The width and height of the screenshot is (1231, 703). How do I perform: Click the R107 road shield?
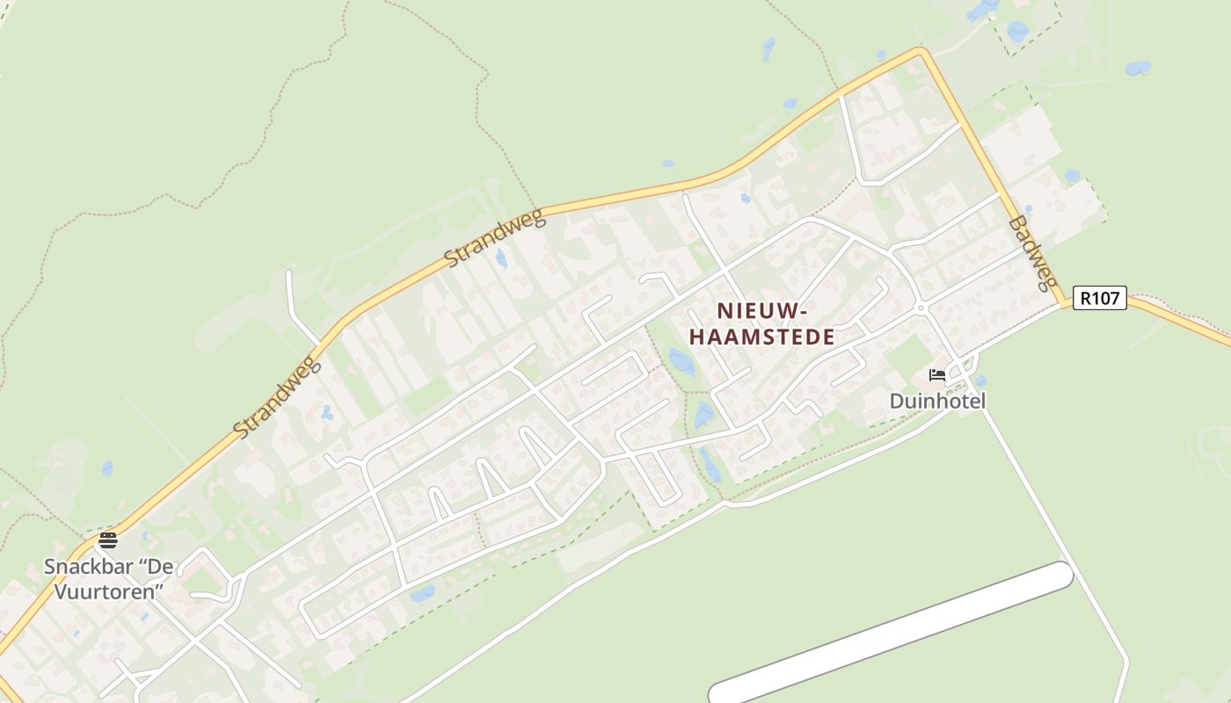click(1099, 299)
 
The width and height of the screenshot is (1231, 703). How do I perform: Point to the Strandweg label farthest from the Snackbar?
click(495, 239)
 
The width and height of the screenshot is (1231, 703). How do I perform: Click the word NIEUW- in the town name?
click(761, 311)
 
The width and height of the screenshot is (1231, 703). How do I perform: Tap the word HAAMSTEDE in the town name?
click(761, 337)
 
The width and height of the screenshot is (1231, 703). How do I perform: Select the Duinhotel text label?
click(937, 402)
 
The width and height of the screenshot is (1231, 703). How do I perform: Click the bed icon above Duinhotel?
click(937, 376)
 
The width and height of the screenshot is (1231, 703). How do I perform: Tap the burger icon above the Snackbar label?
click(108, 540)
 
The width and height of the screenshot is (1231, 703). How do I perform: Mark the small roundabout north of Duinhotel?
click(920, 308)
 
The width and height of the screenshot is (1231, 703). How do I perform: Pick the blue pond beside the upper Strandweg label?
click(501, 257)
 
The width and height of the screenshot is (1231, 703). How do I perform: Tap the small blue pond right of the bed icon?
click(980, 381)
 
